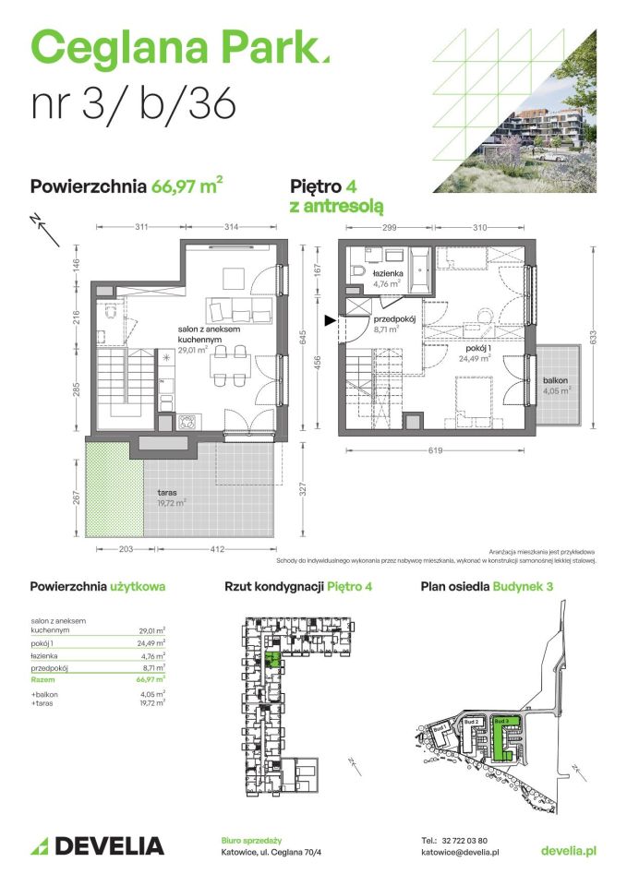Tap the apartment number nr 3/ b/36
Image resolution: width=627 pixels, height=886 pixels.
pyautogui.click(x=134, y=104)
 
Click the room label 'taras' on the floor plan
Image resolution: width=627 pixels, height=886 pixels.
pyautogui.click(x=167, y=494)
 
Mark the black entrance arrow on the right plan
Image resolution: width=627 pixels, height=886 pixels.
pyautogui.click(x=331, y=321)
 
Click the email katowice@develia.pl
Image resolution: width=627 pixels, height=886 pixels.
pyautogui.click(x=459, y=854)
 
